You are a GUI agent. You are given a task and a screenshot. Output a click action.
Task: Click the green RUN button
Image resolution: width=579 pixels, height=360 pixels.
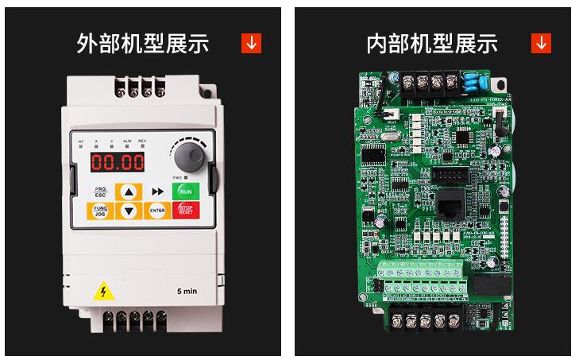point(185,192)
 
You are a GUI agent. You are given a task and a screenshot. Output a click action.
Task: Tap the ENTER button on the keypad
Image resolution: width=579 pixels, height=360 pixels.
point(157,211)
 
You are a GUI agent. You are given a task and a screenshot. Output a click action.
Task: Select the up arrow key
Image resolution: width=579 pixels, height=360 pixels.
point(129,192)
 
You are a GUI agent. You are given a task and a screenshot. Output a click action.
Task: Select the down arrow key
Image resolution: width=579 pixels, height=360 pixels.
point(129,211)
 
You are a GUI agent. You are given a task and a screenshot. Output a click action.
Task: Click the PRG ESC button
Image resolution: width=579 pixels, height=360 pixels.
point(100,192)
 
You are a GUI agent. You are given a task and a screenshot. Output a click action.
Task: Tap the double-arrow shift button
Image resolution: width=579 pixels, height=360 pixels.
point(157,192)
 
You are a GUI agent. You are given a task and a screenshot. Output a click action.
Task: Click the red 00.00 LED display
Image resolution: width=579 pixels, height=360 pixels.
point(117,162)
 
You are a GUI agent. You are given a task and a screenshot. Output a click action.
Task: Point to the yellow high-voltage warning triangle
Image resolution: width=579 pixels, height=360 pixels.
point(103,292)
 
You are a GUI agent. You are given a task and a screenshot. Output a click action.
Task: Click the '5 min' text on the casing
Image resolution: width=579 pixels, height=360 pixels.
point(187,292)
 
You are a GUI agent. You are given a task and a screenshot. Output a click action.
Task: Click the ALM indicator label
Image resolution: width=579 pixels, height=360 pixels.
point(126,141)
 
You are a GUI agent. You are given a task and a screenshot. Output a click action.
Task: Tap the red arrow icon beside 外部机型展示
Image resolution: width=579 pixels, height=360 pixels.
point(251,44)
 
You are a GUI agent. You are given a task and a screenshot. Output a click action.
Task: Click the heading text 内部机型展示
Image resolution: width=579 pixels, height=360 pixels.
point(431,44)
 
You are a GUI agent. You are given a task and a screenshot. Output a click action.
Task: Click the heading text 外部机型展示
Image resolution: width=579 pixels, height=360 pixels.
point(143,44)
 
